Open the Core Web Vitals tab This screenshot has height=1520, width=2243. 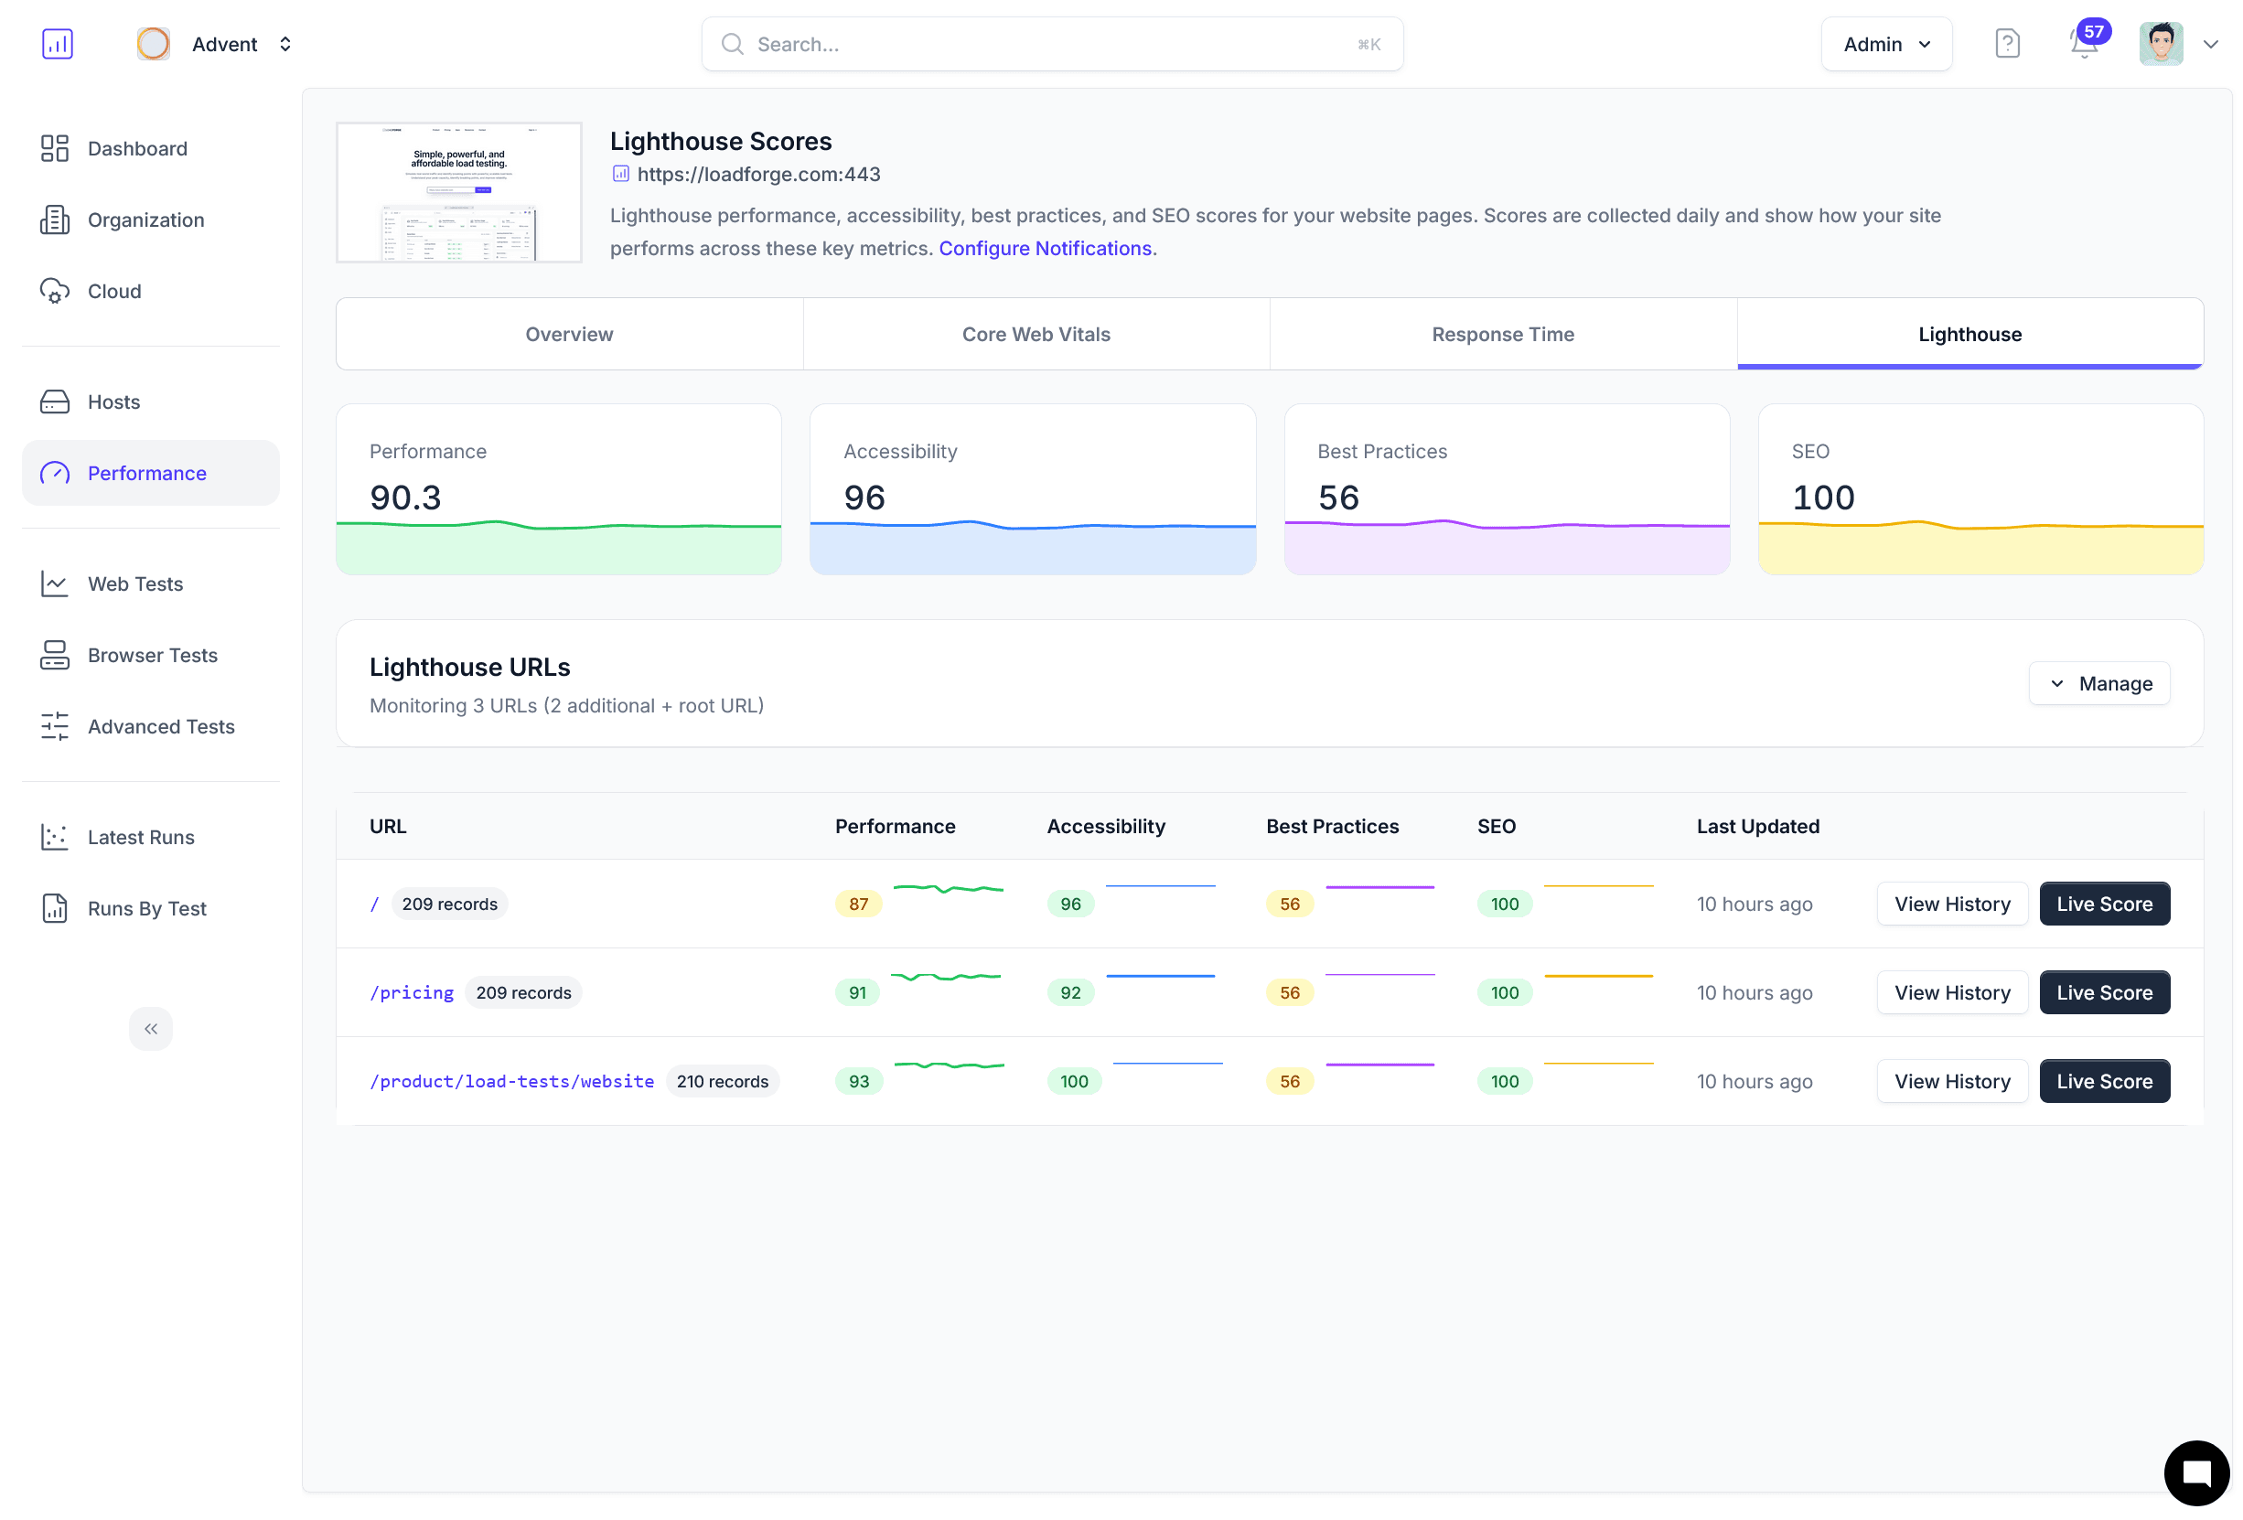1036,334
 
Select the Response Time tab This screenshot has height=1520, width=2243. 1503,334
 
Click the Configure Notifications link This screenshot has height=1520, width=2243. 1046,248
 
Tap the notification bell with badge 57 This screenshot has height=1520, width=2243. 2083,43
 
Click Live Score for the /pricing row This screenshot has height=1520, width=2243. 2104,992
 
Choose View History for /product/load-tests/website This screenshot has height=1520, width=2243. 1951,1081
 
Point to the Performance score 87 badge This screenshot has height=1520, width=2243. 858,905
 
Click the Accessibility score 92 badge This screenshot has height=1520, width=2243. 1070,992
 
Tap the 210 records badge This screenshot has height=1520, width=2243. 722,1081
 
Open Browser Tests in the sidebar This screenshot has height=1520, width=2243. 153,656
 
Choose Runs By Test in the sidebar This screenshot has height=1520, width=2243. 146,908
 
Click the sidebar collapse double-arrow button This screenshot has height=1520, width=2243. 151,1029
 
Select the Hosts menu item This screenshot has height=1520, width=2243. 113,401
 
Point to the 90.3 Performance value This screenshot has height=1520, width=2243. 405,497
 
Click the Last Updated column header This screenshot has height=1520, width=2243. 1757,826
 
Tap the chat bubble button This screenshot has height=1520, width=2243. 2195,1472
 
